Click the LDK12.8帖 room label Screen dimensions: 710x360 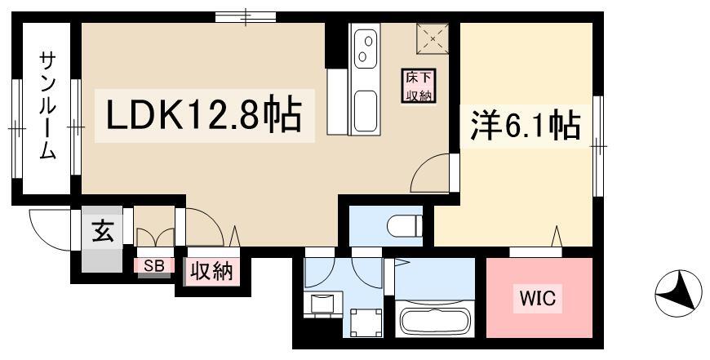(204, 116)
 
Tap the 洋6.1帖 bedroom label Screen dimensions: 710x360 (525, 127)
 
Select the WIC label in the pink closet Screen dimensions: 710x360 (538, 299)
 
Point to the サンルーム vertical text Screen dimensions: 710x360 (47, 105)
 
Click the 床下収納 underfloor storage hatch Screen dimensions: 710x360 (419, 86)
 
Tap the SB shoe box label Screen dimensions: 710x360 (153, 266)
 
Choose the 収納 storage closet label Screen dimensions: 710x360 (211, 272)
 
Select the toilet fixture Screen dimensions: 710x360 (405, 225)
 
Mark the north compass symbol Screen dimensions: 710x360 (678, 293)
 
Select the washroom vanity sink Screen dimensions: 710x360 (322, 302)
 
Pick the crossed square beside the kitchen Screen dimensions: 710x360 (433, 39)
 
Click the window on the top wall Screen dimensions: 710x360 (246, 17)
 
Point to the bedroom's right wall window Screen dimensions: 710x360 (598, 146)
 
